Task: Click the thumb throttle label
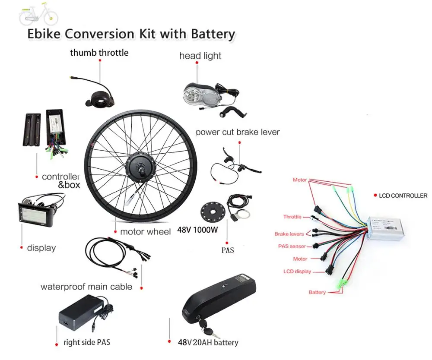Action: pyautogui.click(x=99, y=53)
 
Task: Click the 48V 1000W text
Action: pyautogui.click(x=197, y=230)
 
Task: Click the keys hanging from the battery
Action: pyautogui.click(x=207, y=332)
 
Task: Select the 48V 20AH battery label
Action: pyautogui.click(x=207, y=342)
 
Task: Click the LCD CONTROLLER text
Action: pyautogui.click(x=403, y=196)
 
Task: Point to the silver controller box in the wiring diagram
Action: pyautogui.click(x=385, y=229)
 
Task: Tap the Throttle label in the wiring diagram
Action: pyautogui.click(x=292, y=217)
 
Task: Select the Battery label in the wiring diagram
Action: pyautogui.click(x=317, y=292)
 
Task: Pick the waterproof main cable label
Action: pyautogui.click(x=86, y=287)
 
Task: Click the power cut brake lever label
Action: pyautogui.click(x=238, y=132)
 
